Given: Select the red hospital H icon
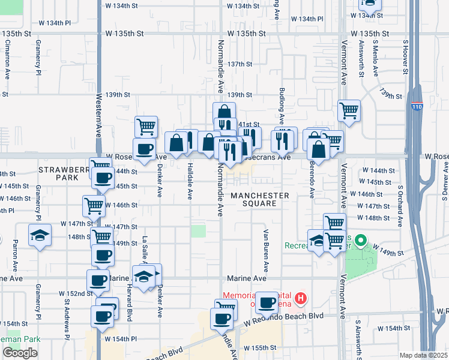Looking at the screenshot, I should pyautogui.click(x=301, y=297).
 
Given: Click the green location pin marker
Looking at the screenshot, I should pyautogui.click(x=360, y=241).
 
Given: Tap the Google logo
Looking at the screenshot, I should pyautogui.click(x=20, y=353).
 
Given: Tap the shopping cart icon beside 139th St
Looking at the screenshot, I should pyautogui.click(x=349, y=110).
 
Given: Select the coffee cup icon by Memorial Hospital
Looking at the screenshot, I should pyautogui.click(x=267, y=302).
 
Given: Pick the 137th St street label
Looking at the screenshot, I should pyautogui.click(x=240, y=64).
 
